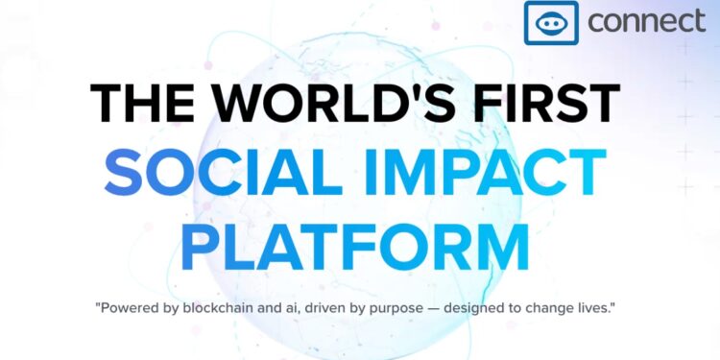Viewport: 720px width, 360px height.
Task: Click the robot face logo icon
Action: (551, 23)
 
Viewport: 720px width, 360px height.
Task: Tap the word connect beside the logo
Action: (646, 21)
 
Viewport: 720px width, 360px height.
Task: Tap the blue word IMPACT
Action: (492, 173)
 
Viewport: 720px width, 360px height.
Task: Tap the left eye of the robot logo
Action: (543, 24)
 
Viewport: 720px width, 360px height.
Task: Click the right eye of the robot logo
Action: (560, 24)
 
